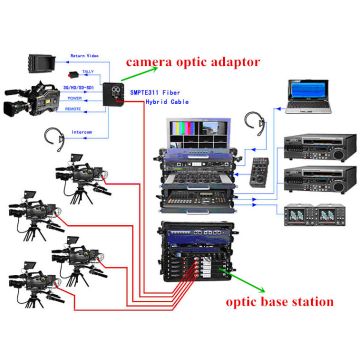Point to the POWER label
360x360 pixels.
tap(78, 99)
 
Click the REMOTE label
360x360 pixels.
tap(77, 110)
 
